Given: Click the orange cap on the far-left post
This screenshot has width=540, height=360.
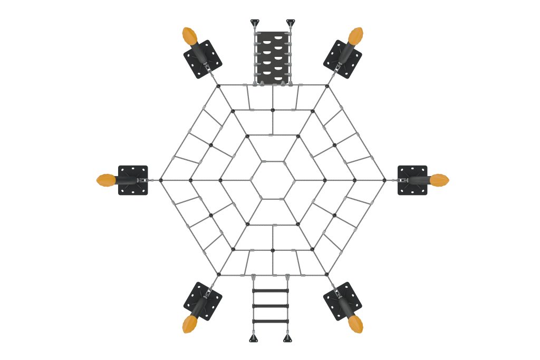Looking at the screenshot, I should tap(106, 180).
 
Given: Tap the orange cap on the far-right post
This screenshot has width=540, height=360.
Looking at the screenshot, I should tap(439, 180).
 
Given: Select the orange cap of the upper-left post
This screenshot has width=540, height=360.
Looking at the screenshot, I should tap(189, 36).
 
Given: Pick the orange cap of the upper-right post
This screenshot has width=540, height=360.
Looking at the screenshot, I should tap(356, 36).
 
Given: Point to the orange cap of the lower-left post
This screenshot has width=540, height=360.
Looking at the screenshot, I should tap(189, 324).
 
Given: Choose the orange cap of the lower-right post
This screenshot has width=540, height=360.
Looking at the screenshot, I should tap(356, 324).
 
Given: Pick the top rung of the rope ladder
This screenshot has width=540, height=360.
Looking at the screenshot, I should tap(270, 290).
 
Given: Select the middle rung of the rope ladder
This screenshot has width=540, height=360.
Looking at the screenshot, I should tap(270, 306).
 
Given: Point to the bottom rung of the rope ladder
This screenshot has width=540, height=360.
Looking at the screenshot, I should tap(270, 321).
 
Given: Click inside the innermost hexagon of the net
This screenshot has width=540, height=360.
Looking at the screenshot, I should tap(273, 180).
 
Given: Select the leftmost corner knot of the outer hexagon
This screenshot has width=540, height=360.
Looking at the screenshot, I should tap(161, 180).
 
